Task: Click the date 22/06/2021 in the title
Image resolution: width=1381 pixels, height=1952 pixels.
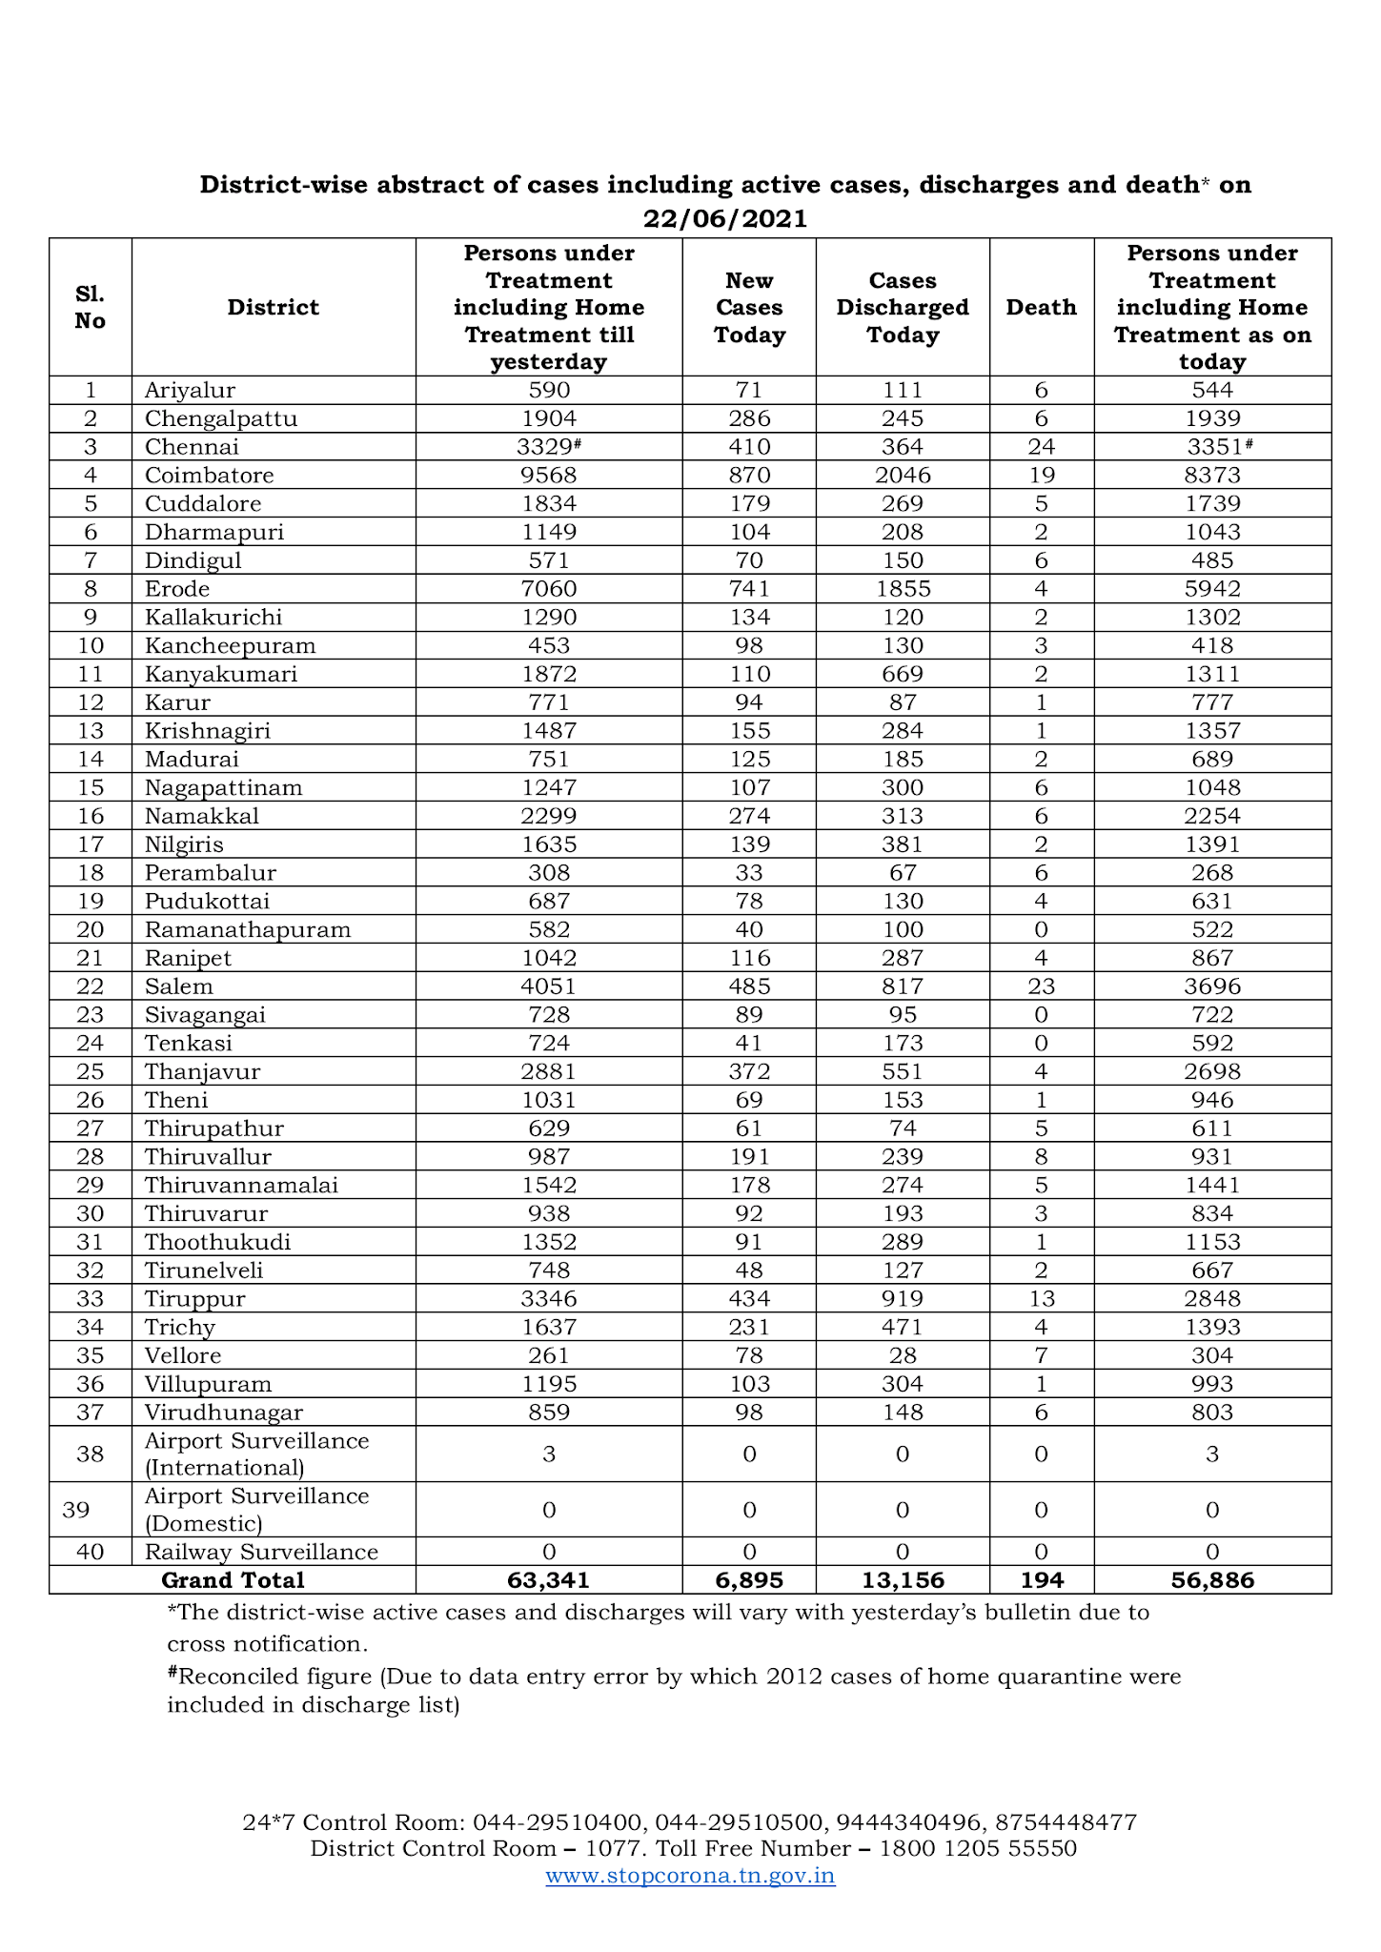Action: coord(724,219)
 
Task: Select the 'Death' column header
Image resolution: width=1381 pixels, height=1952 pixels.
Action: coord(1041,307)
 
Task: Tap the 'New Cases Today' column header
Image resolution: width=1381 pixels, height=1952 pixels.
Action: coord(749,307)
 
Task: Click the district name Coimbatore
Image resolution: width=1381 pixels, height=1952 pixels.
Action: coord(210,476)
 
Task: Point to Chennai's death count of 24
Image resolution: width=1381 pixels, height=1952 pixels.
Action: coord(1041,447)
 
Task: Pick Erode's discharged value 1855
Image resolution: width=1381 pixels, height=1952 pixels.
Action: coord(903,589)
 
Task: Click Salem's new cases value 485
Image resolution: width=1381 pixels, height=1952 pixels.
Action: coord(749,986)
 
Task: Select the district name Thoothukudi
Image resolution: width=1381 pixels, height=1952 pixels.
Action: coord(218,1242)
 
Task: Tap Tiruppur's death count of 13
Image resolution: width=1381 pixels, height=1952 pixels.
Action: coord(1041,1299)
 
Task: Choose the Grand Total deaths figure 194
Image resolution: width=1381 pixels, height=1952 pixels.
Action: coord(1042,1580)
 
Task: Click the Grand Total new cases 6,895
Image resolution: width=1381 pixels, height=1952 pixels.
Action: coord(749,1580)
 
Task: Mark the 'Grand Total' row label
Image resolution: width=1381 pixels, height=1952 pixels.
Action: coord(233,1580)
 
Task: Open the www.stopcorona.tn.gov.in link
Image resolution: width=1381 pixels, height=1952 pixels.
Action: coord(690,1876)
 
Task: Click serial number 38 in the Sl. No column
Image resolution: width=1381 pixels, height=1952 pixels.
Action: coord(90,1454)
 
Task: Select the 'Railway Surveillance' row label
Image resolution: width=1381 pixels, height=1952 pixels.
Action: coord(261,1552)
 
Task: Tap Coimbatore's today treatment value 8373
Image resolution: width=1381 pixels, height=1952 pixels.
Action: coord(1212,476)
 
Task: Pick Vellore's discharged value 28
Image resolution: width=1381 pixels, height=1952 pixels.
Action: coord(903,1355)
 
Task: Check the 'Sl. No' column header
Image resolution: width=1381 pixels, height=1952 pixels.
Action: coord(90,307)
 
